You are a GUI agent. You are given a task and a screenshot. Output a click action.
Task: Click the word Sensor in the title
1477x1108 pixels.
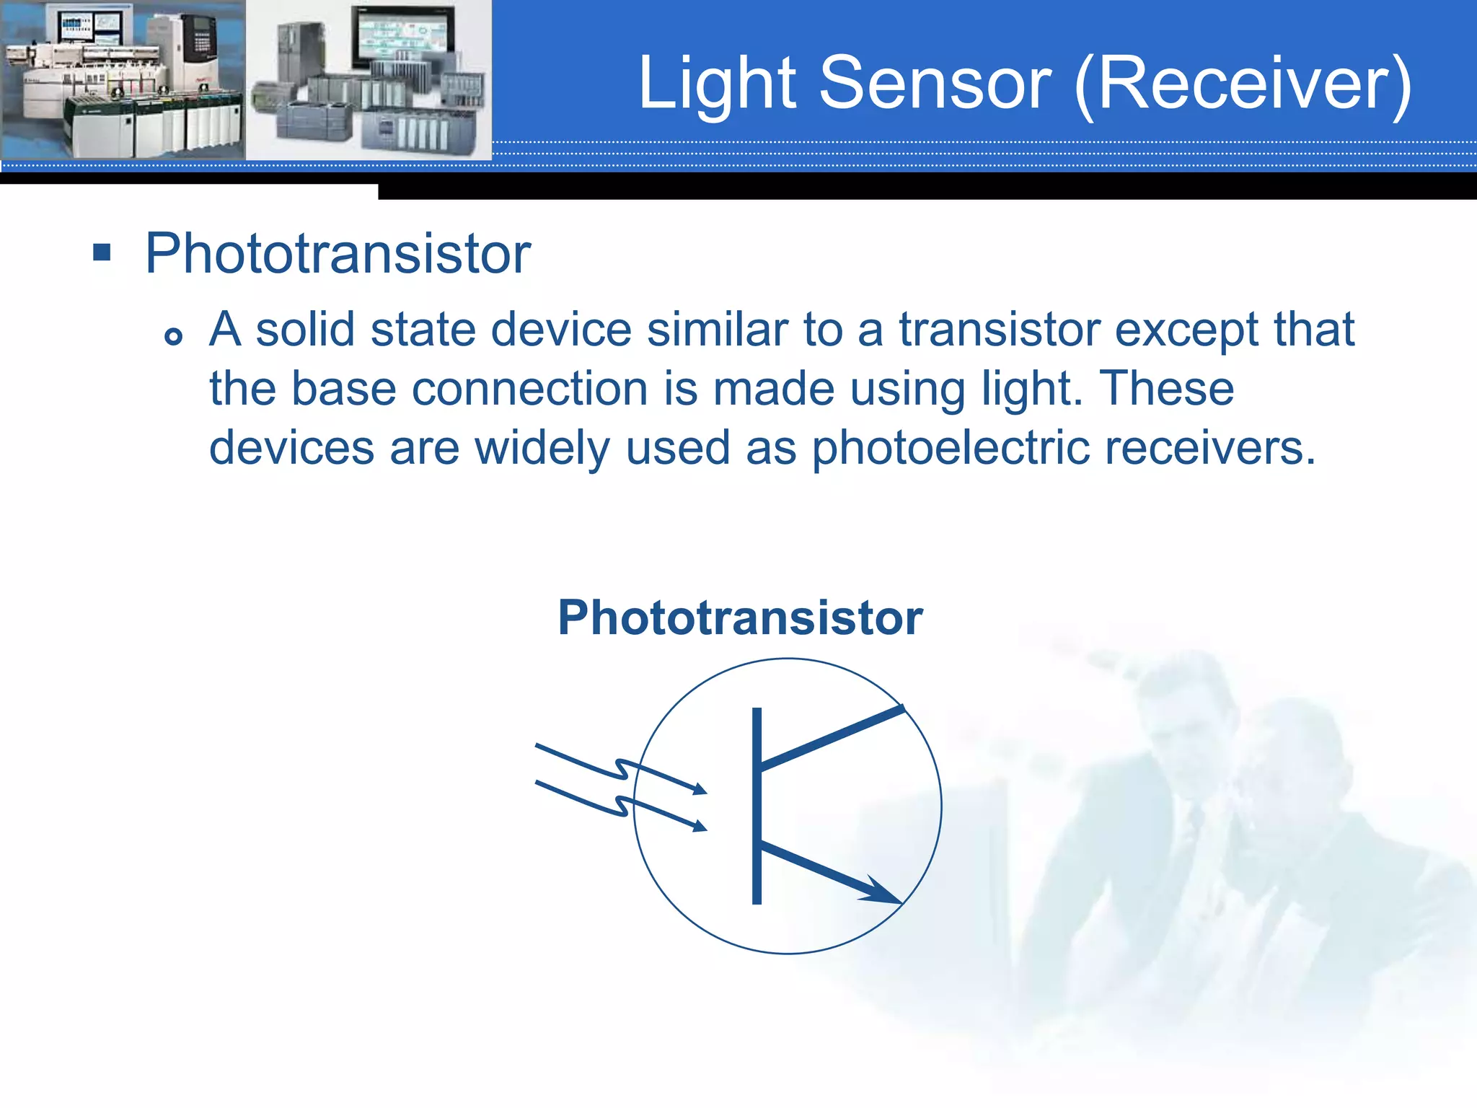[x=935, y=84]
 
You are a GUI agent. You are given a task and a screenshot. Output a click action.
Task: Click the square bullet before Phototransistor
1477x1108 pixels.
[x=102, y=252]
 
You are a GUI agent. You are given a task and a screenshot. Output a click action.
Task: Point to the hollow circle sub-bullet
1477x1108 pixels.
[x=173, y=335]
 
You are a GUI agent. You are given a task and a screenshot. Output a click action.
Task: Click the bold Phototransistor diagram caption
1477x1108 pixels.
[x=740, y=618]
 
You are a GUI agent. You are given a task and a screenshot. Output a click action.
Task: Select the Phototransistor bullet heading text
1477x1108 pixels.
[x=338, y=254]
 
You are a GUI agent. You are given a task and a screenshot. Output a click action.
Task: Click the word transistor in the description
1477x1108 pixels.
[x=999, y=330]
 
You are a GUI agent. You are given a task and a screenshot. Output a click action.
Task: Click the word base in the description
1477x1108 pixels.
[x=343, y=389]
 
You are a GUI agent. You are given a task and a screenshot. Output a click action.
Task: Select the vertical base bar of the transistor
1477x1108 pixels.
[x=757, y=805]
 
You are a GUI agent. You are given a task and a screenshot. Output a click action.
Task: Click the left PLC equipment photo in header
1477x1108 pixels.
[x=123, y=79]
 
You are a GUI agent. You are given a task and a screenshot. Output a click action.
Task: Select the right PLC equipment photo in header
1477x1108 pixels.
[x=369, y=79]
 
